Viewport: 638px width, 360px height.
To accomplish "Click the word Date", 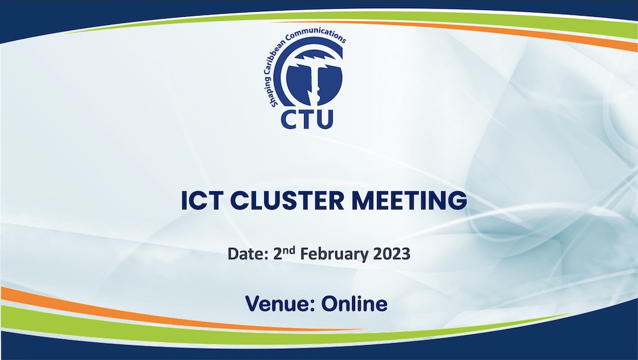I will click(x=245, y=254).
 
